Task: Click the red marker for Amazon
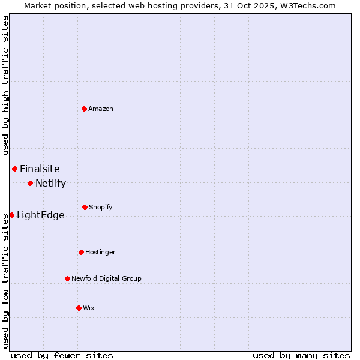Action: (x=85, y=109)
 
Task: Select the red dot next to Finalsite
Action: (x=14, y=169)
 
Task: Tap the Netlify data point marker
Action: (x=30, y=183)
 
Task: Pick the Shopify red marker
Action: (x=85, y=207)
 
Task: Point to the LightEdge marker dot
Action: (x=11, y=215)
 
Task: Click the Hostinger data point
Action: (x=81, y=252)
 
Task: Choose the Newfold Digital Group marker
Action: (x=67, y=278)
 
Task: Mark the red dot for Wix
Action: (x=79, y=308)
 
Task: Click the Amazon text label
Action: (x=101, y=109)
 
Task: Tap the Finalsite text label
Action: (x=40, y=169)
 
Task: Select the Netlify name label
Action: (x=50, y=183)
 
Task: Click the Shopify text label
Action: (x=101, y=207)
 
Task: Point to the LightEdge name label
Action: (x=40, y=215)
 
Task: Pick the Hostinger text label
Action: (x=100, y=252)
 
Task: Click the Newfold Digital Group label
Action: (x=106, y=278)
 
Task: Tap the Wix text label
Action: (x=89, y=308)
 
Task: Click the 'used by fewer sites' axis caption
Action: (x=62, y=355)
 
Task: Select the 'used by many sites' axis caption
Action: (x=301, y=355)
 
